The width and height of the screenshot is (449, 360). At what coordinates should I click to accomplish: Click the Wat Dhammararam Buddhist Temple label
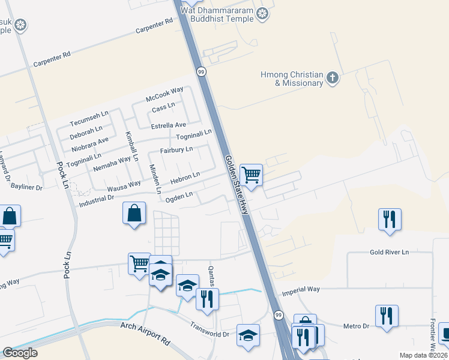222,14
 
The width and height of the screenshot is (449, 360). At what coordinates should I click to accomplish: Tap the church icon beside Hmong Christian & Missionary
333,77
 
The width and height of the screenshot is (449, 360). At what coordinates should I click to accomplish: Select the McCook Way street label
164,94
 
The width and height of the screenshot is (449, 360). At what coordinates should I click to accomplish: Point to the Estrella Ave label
169,125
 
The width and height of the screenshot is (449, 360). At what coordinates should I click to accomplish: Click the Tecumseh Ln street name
89,121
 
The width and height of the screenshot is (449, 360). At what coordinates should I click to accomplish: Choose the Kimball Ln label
132,146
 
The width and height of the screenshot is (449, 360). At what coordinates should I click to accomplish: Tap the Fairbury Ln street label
176,149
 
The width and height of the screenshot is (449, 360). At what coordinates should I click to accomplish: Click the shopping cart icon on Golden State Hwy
252,175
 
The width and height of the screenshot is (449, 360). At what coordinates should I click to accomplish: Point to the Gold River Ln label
389,253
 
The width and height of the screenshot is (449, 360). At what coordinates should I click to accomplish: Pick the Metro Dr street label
356,326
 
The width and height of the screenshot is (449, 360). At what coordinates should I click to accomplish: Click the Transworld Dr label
210,331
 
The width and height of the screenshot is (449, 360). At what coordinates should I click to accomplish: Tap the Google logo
20,353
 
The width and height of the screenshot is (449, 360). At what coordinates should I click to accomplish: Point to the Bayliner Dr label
27,187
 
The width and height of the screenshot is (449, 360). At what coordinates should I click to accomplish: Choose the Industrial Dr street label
96,202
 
